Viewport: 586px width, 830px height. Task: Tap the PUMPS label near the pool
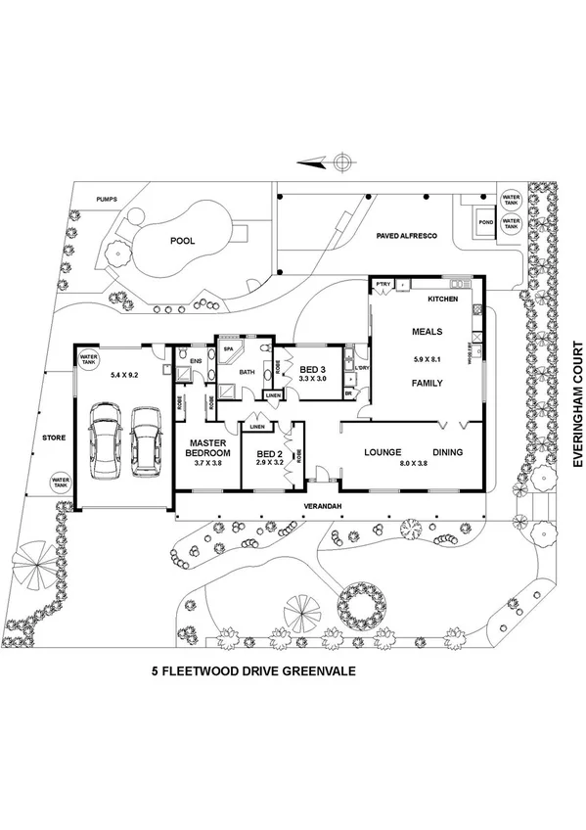(x=106, y=200)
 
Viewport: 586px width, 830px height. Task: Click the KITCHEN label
(x=443, y=297)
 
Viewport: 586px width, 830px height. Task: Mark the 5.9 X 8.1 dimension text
(x=427, y=355)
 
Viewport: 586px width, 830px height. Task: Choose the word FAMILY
(x=428, y=383)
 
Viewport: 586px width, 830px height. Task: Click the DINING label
(x=443, y=452)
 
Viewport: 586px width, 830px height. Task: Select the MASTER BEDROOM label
(x=208, y=449)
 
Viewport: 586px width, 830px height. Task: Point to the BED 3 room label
(x=312, y=370)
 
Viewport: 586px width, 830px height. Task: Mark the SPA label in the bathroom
(x=228, y=348)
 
